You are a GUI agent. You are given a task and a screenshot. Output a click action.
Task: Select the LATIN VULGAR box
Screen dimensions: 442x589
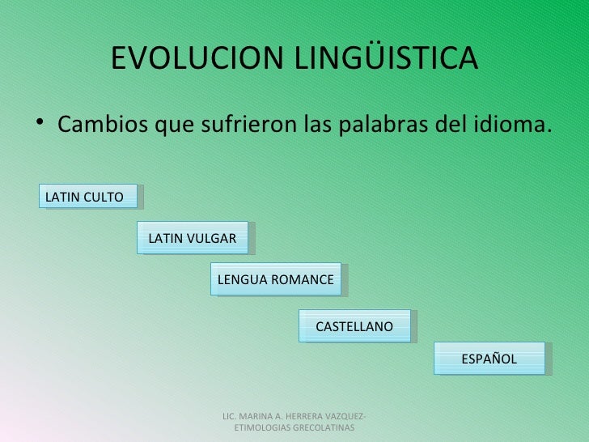click(x=193, y=238)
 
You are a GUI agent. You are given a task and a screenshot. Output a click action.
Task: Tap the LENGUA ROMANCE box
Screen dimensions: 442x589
click(x=275, y=279)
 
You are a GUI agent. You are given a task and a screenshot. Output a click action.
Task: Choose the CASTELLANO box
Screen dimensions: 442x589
click(x=354, y=326)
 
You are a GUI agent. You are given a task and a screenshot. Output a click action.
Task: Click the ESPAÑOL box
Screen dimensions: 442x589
click(x=489, y=359)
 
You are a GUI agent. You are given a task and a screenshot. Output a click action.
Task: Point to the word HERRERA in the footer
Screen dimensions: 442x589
click(x=313, y=415)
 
